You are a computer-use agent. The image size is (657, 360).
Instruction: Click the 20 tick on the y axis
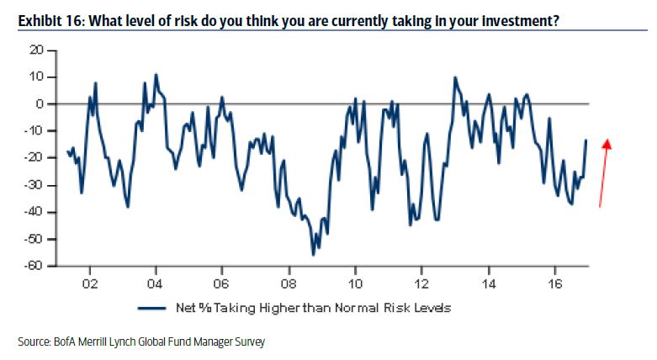(x=35, y=50)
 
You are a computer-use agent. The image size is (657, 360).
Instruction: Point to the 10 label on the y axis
(x=35, y=77)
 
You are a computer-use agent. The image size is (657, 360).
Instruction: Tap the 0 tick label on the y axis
(x=39, y=104)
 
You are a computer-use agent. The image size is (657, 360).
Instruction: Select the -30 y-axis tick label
(x=34, y=185)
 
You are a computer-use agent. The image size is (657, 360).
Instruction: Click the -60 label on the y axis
(x=34, y=267)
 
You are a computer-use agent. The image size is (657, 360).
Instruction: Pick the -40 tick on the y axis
(x=34, y=213)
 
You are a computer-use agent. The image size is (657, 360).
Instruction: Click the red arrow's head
(x=607, y=144)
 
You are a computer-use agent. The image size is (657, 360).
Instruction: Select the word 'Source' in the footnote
(x=33, y=342)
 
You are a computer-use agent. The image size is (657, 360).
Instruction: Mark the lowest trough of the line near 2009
(x=313, y=254)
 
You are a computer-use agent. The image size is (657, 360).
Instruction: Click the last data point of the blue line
(x=586, y=140)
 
